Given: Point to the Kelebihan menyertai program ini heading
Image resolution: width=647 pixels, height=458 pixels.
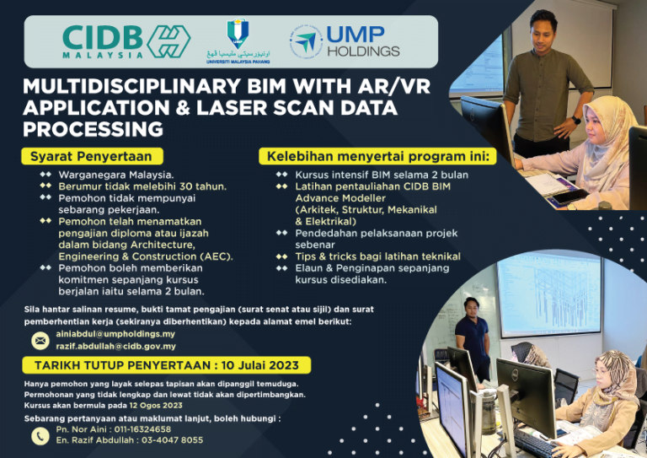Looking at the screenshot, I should pyautogui.click(x=378, y=157).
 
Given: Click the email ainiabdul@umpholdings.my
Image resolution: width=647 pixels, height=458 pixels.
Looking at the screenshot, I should pyautogui.click(x=115, y=334).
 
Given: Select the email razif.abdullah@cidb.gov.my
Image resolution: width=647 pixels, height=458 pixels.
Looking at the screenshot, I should pyautogui.click(x=115, y=346).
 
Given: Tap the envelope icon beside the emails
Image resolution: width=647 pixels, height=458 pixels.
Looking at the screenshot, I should pyautogui.click(x=39, y=340).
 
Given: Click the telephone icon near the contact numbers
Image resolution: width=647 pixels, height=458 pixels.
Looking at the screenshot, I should pyautogui.click(x=39, y=435).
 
